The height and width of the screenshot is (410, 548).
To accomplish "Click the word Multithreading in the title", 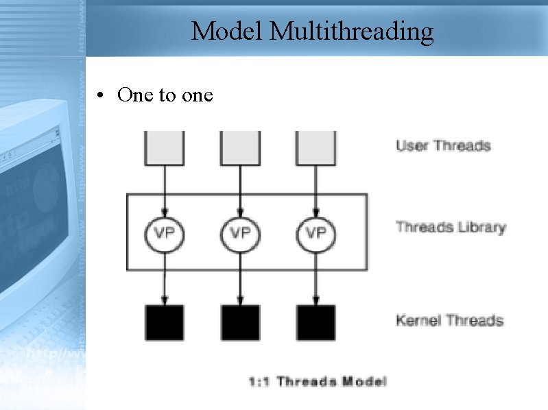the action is [x=352, y=31].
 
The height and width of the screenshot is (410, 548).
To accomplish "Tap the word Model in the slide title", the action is [x=227, y=31].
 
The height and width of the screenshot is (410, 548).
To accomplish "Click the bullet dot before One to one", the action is [x=101, y=95].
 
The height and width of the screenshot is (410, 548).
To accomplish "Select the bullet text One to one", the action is [x=165, y=95].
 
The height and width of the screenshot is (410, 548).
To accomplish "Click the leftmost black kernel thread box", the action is [x=165, y=322].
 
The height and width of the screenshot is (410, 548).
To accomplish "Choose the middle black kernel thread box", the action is [x=240, y=322].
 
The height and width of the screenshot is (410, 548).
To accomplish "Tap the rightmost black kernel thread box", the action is [x=315, y=322].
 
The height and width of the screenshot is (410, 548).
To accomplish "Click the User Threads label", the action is [x=443, y=145].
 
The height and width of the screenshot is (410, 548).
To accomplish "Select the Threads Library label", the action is [x=451, y=227].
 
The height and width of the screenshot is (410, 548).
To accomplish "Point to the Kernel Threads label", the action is [x=449, y=320].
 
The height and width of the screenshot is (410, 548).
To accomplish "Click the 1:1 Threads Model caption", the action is [x=318, y=381].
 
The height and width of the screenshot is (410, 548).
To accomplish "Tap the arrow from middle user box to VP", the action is [x=240, y=189].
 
